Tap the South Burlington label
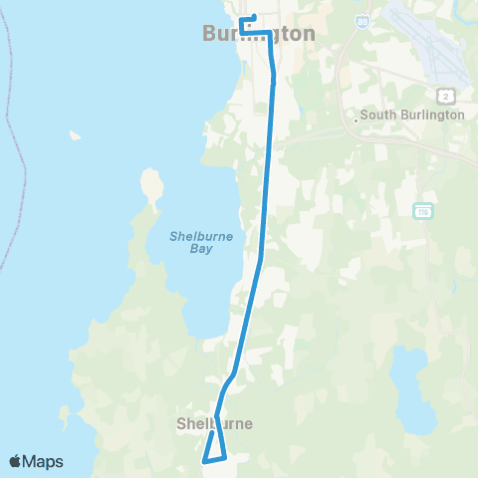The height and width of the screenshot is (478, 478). pos(412,116)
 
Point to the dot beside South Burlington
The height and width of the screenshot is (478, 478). pos(356,120)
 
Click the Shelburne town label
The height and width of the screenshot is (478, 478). pos(214,424)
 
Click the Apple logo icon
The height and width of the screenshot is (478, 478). pos(17,461)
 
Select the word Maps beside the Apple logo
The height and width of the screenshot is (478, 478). pos(45,461)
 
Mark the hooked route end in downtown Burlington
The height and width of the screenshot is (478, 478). pos(248,19)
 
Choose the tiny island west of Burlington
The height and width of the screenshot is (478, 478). pos(75,134)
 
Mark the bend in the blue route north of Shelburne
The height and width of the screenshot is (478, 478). pos(231,376)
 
